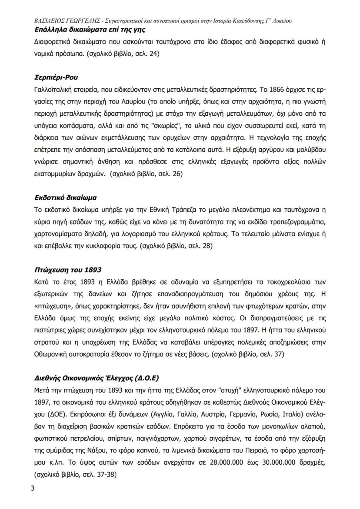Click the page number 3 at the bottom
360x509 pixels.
[x=32, y=488]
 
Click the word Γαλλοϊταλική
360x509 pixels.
[x=53, y=90]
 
